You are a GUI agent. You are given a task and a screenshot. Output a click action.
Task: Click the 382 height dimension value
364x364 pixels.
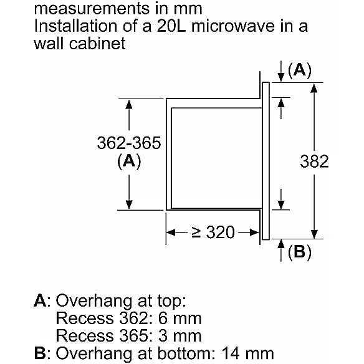[x=314, y=161]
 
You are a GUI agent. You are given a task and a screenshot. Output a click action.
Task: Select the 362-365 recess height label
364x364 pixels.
[x=129, y=143]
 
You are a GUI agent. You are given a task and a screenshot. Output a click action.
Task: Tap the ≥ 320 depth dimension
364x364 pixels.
[x=213, y=232]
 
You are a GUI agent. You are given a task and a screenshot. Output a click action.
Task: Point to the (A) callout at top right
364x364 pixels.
[x=299, y=70]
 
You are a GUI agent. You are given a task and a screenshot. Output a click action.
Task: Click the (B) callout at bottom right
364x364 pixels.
[x=299, y=251]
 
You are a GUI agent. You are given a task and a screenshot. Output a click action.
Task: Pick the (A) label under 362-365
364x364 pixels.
[x=129, y=161]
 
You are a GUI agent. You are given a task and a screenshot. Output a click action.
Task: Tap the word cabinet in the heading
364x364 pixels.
[x=97, y=43]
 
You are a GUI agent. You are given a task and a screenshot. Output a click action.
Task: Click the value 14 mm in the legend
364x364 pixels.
[x=247, y=353]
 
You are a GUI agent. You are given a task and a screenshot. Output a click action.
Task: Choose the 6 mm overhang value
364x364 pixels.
[x=180, y=318]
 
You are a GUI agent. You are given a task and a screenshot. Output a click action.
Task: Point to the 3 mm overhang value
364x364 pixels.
[x=180, y=336]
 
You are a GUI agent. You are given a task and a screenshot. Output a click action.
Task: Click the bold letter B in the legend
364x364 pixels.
[x=40, y=353]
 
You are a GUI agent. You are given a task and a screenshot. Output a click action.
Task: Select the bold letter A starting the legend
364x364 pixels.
[x=41, y=300]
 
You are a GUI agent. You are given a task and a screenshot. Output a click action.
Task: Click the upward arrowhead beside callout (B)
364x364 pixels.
[x=281, y=244]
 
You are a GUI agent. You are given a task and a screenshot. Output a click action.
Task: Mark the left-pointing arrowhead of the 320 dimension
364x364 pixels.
[x=171, y=232]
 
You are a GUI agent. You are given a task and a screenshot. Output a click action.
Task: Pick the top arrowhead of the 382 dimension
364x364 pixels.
[x=314, y=88]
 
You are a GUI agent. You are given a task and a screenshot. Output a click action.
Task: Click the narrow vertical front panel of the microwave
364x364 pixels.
[x=266, y=161]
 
